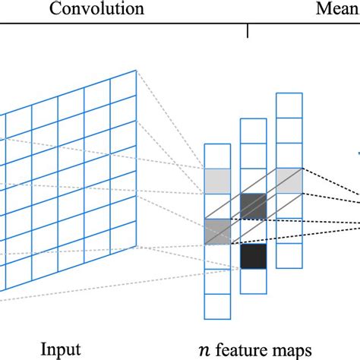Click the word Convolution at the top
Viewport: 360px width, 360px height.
click(x=96, y=9)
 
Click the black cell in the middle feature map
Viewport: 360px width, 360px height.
click(x=252, y=257)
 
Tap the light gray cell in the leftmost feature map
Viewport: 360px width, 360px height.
click(x=216, y=179)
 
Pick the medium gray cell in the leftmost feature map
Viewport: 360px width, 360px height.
click(x=216, y=230)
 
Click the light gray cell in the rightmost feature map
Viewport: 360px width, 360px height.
click(x=288, y=180)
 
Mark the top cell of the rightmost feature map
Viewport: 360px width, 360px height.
click(x=288, y=105)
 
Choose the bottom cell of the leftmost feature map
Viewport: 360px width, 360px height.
click(x=216, y=305)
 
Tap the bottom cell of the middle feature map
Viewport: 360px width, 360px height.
click(x=252, y=281)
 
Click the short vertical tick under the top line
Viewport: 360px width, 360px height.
click(x=248, y=30)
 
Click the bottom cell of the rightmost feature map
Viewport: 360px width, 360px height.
click(x=288, y=256)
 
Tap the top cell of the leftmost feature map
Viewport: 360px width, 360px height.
click(x=216, y=155)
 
